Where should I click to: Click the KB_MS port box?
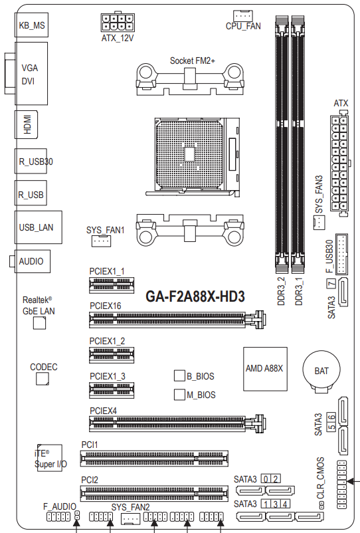click(x=31, y=25)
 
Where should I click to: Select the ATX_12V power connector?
click(x=118, y=23)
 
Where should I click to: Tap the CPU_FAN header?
click(x=243, y=16)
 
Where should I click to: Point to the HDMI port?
click(x=26, y=124)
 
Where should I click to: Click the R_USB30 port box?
click(x=31, y=161)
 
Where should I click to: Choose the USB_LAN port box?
click(x=38, y=227)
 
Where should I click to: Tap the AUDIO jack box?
click(x=30, y=261)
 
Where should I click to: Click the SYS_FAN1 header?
click(x=101, y=241)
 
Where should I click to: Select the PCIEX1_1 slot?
click(x=112, y=285)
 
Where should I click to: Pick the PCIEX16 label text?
click(x=106, y=306)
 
